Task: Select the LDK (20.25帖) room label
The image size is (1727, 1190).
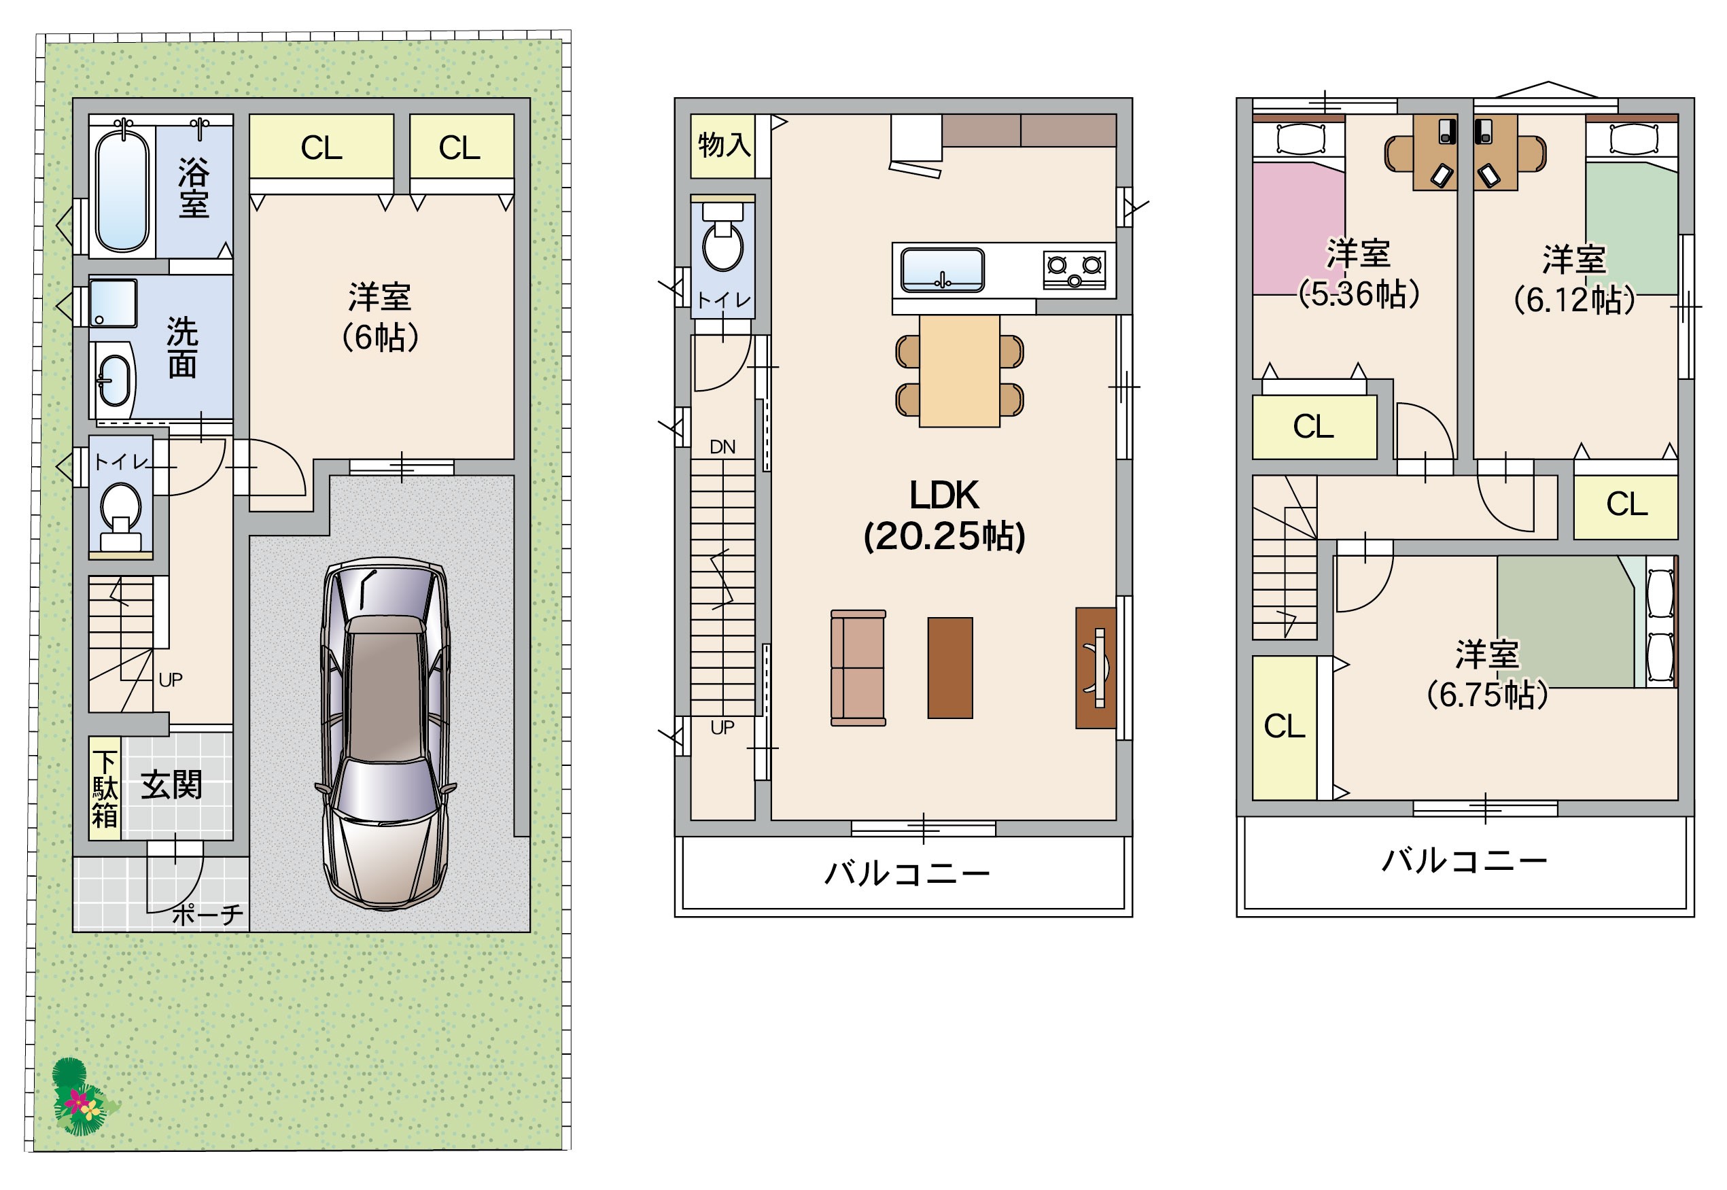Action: click(943, 515)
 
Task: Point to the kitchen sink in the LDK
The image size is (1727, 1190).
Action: click(943, 270)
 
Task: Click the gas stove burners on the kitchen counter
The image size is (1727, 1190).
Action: click(1074, 270)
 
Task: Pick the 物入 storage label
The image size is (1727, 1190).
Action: click(723, 145)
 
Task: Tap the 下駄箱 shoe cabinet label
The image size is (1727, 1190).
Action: click(105, 790)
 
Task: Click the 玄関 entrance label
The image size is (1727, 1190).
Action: click(171, 785)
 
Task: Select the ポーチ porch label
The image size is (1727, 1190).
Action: click(207, 915)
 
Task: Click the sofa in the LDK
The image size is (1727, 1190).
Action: click(858, 667)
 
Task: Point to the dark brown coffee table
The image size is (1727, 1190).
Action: click(950, 667)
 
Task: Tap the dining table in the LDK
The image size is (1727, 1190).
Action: click(959, 370)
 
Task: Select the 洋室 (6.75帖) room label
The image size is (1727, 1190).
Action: click(1487, 673)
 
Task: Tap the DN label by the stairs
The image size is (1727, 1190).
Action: click(722, 447)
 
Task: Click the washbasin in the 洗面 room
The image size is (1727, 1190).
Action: click(114, 381)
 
